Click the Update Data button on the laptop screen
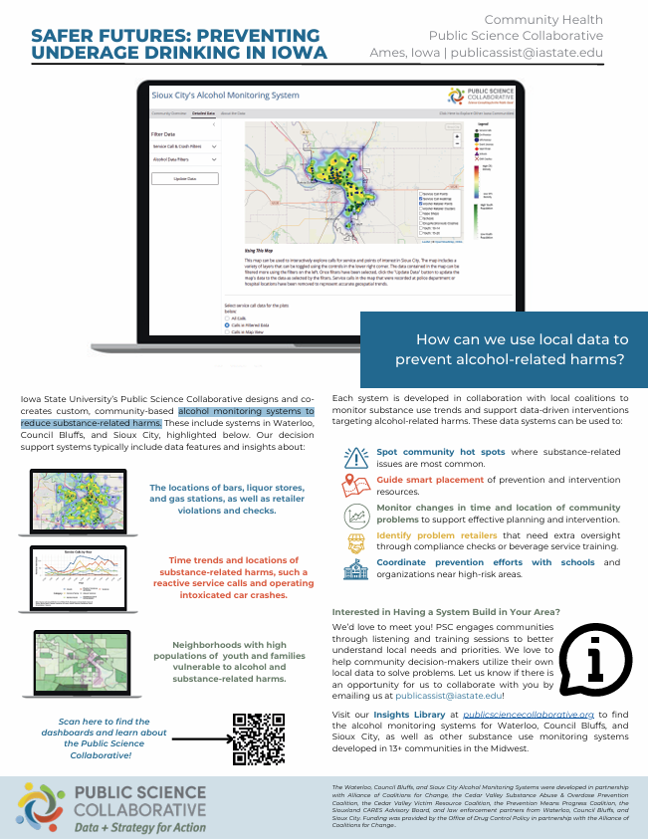(x=184, y=178)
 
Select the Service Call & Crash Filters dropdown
(x=184, y=146)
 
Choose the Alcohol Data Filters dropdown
(x=184, y=159)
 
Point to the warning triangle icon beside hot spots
(x=355, y=457)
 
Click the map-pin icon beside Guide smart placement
(x=355, y=486)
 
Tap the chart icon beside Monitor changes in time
(x=355, y=515)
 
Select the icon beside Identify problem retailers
(x=355, y=542)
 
